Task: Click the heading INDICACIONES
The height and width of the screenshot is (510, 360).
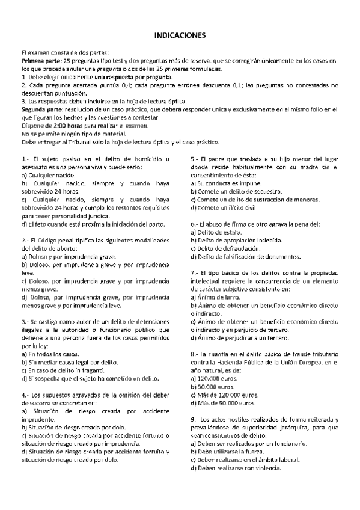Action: point(180,35)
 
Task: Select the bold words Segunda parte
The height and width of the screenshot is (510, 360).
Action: point(43,109)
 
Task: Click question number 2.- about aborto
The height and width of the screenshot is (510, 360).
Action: point(25,239)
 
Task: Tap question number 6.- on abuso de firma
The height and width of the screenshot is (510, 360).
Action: point(195,224)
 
